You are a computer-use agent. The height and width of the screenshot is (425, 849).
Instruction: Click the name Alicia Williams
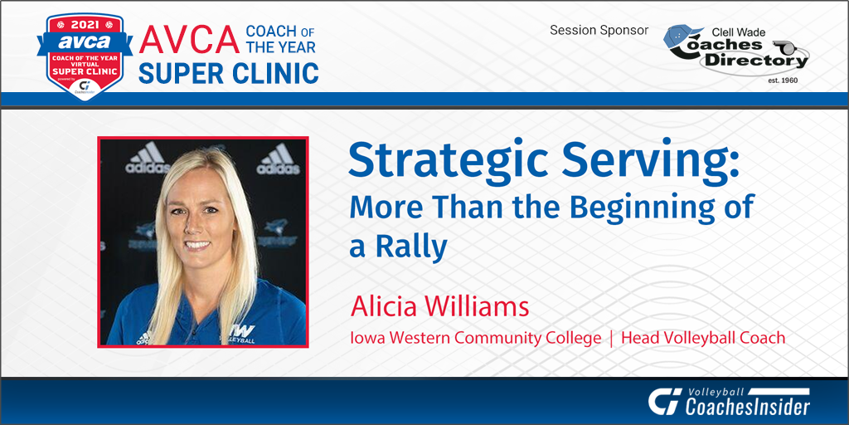pos(439,306)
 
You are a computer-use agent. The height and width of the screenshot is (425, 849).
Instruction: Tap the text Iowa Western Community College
pos(475,339)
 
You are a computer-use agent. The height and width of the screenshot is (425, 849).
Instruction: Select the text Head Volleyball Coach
pos(703,339)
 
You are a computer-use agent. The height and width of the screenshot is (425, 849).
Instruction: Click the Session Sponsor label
pos(599,31)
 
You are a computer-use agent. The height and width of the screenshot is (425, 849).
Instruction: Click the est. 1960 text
pos(782,81)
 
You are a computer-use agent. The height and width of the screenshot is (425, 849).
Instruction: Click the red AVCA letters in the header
pos(189,40)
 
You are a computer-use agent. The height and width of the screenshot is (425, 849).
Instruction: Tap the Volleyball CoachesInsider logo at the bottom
pos(729,401)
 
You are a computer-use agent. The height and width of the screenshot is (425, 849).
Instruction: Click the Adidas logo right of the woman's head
pos(278,159)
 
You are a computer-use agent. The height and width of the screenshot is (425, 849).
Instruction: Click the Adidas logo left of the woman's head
pos(147,159)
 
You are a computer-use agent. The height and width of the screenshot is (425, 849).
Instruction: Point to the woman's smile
pos(197,245)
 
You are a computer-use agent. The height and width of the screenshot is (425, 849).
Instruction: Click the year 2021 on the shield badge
pos(85,26)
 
